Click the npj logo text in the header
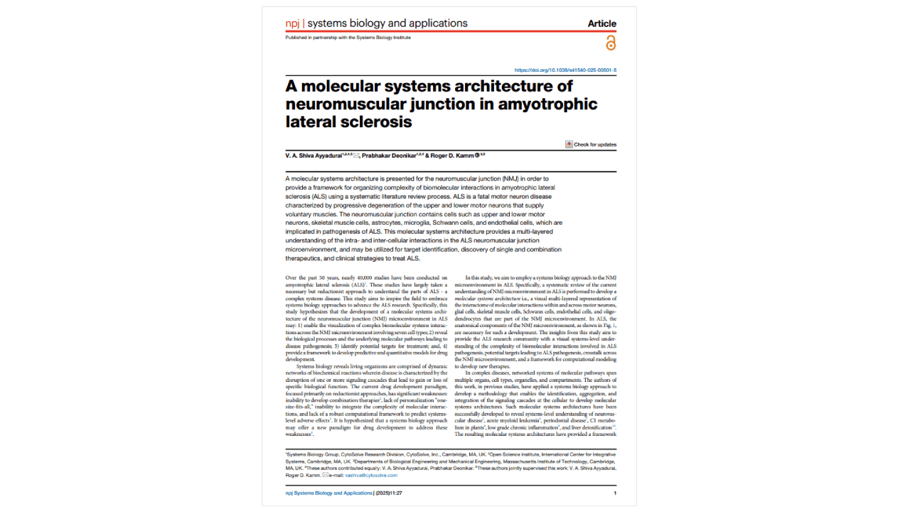coord(292,23)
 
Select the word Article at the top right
coord(601,23)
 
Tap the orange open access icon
coord(610,43)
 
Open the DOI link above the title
coord(565,70)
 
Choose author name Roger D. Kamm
coord(452,156)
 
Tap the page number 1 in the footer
coord(615,493)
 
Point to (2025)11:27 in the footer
coord(390,493)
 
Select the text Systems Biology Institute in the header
coord(387,38)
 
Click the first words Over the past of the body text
coord(299,277)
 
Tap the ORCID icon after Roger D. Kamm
coord(477,156)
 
